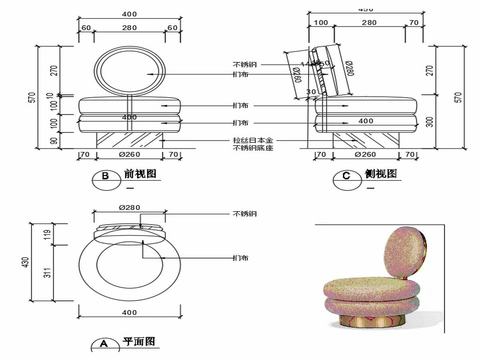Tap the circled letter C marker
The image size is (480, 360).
click(345, 179)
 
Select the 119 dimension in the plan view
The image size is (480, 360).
click(47, 236)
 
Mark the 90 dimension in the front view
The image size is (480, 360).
click(47, 141)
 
